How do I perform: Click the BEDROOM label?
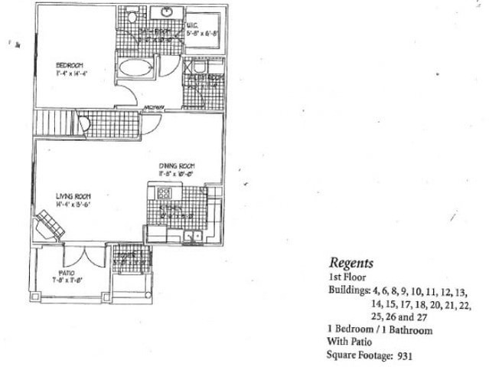point(69,65)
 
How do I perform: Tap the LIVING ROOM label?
point(73,196)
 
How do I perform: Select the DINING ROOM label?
point(178,165)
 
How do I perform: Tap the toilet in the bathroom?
point(132,16)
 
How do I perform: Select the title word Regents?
point(351,263)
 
